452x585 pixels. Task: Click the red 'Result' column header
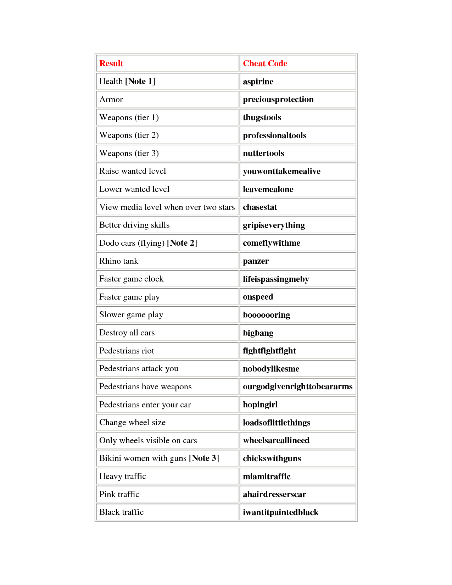pos(111,63)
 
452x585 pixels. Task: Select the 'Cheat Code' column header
pos(265,63)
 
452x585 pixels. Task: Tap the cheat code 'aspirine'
pos(258,82)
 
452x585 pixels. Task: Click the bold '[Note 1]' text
pos(140,81)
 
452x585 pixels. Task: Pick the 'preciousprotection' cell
pos(278,99)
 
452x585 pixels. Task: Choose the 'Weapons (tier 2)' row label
pos(129,135)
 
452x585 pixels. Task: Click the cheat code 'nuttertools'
pos(263,153)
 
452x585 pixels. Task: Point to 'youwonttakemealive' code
pos(281,171)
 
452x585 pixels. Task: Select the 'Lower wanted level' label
pos(134,189)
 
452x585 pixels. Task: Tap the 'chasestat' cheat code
pos(260,207)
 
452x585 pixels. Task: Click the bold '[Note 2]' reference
pos(182,243)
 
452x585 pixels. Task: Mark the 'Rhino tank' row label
pos(119,261)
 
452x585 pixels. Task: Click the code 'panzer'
pos(256,261)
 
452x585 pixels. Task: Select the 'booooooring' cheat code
pos(266,315)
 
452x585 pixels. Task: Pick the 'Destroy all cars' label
pos(127,333)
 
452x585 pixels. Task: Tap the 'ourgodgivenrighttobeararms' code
pos(297,386)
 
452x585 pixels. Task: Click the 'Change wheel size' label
pos(132,422)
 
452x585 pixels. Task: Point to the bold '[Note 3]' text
pos(204,458)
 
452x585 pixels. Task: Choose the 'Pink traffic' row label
pos(119,494)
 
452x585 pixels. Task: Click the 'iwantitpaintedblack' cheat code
pos(280,512)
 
